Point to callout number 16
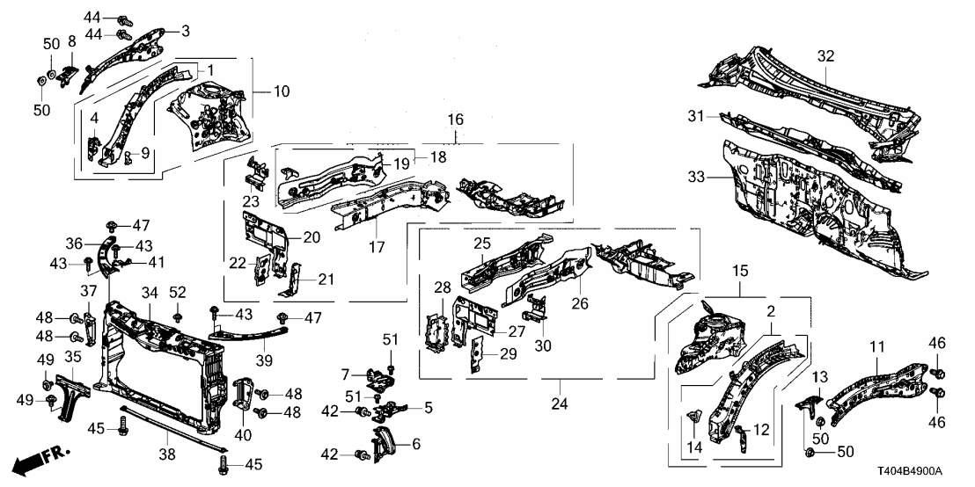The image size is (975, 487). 456,119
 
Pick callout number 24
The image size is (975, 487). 560,405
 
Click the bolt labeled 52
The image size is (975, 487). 179,314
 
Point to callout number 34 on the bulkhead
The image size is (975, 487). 149,293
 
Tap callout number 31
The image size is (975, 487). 697,117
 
